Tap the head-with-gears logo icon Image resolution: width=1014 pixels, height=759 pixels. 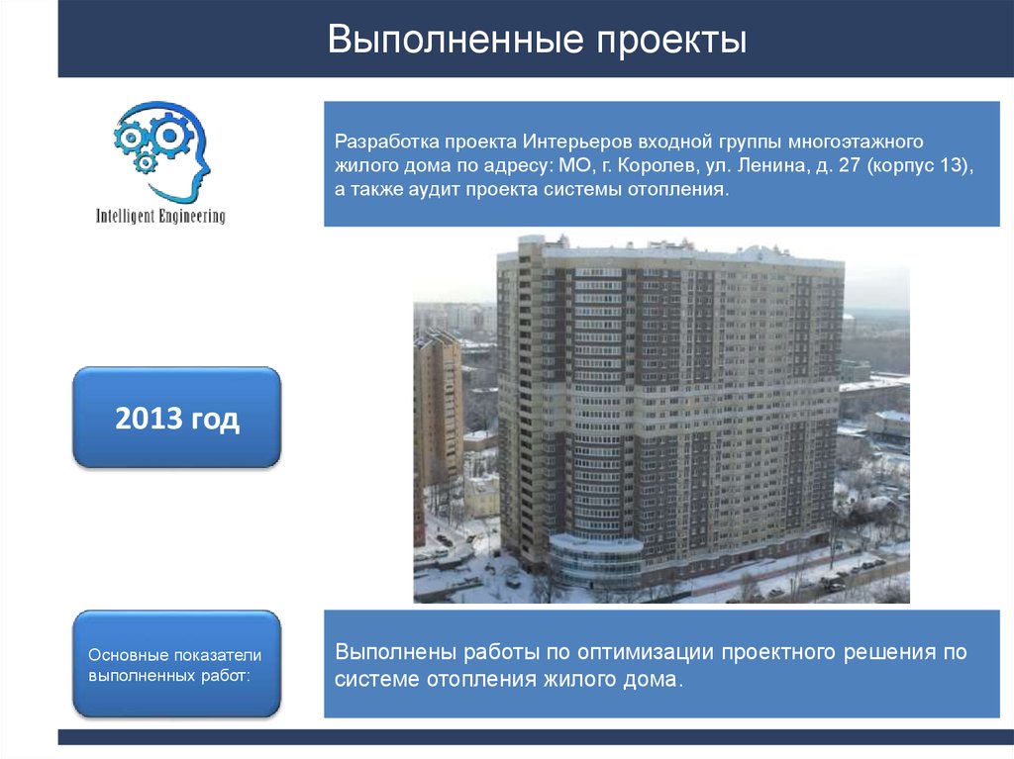point(161,149)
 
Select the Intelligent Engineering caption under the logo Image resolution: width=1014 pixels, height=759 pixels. point(159,215)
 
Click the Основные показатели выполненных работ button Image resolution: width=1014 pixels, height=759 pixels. point(176,664)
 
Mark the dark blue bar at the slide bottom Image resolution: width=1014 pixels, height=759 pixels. point(535,736)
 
